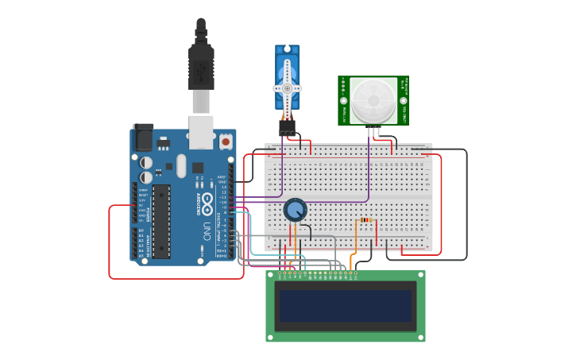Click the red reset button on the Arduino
pyautogui.click(x=226, y=141)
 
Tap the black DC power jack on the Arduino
pyautogui.click(x=143, y=137)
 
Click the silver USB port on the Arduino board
pyautogui.click(x=201, y=132)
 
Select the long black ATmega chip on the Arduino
pyautogui.click(x=161, y=221)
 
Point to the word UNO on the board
pyautogui.click(x=207, y=231)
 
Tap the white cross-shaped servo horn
pyautogui.click(x=287, y=87)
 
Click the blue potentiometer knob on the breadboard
pyautogui.click(x=295, y=210)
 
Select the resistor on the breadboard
pyautogui.click(x=365, y=220)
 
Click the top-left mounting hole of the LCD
pyautogui.click(x=271, y=276)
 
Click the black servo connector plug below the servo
pyautogui.click(x=287, y=126)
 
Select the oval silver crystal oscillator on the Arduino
pyautogui.click(x=181, y=166)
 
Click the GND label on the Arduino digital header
pyautogui.click(x=222, y=182)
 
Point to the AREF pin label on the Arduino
pyautogui.click(x=222, y=177)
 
